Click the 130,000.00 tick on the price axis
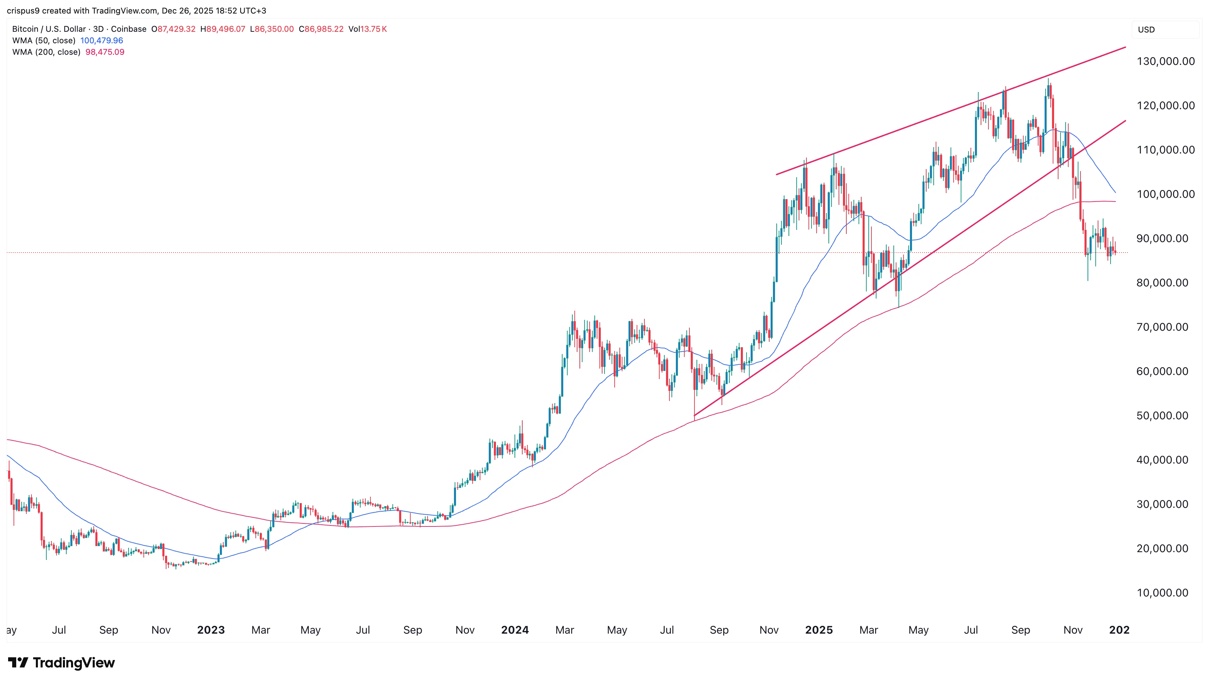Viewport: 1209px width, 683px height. [1165, 62]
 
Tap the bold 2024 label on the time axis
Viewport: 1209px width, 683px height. [515, 630]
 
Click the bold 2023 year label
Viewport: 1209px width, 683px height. [211, 630]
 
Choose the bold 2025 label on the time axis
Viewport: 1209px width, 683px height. [819, 630]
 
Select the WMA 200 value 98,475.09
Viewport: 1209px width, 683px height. [105, 52]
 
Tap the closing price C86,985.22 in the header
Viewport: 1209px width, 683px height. [321, 29]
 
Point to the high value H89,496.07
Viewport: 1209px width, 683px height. [223, 29]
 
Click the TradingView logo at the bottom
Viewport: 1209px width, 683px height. [62, 662]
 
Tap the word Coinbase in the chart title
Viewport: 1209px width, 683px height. [129, 29]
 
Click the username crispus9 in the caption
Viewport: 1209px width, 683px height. [23, 11]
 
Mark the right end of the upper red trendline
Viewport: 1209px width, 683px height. [1125, 47]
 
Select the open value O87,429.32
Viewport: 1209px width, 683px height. [173, 29]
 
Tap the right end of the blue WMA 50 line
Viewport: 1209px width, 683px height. [1115, 192]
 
